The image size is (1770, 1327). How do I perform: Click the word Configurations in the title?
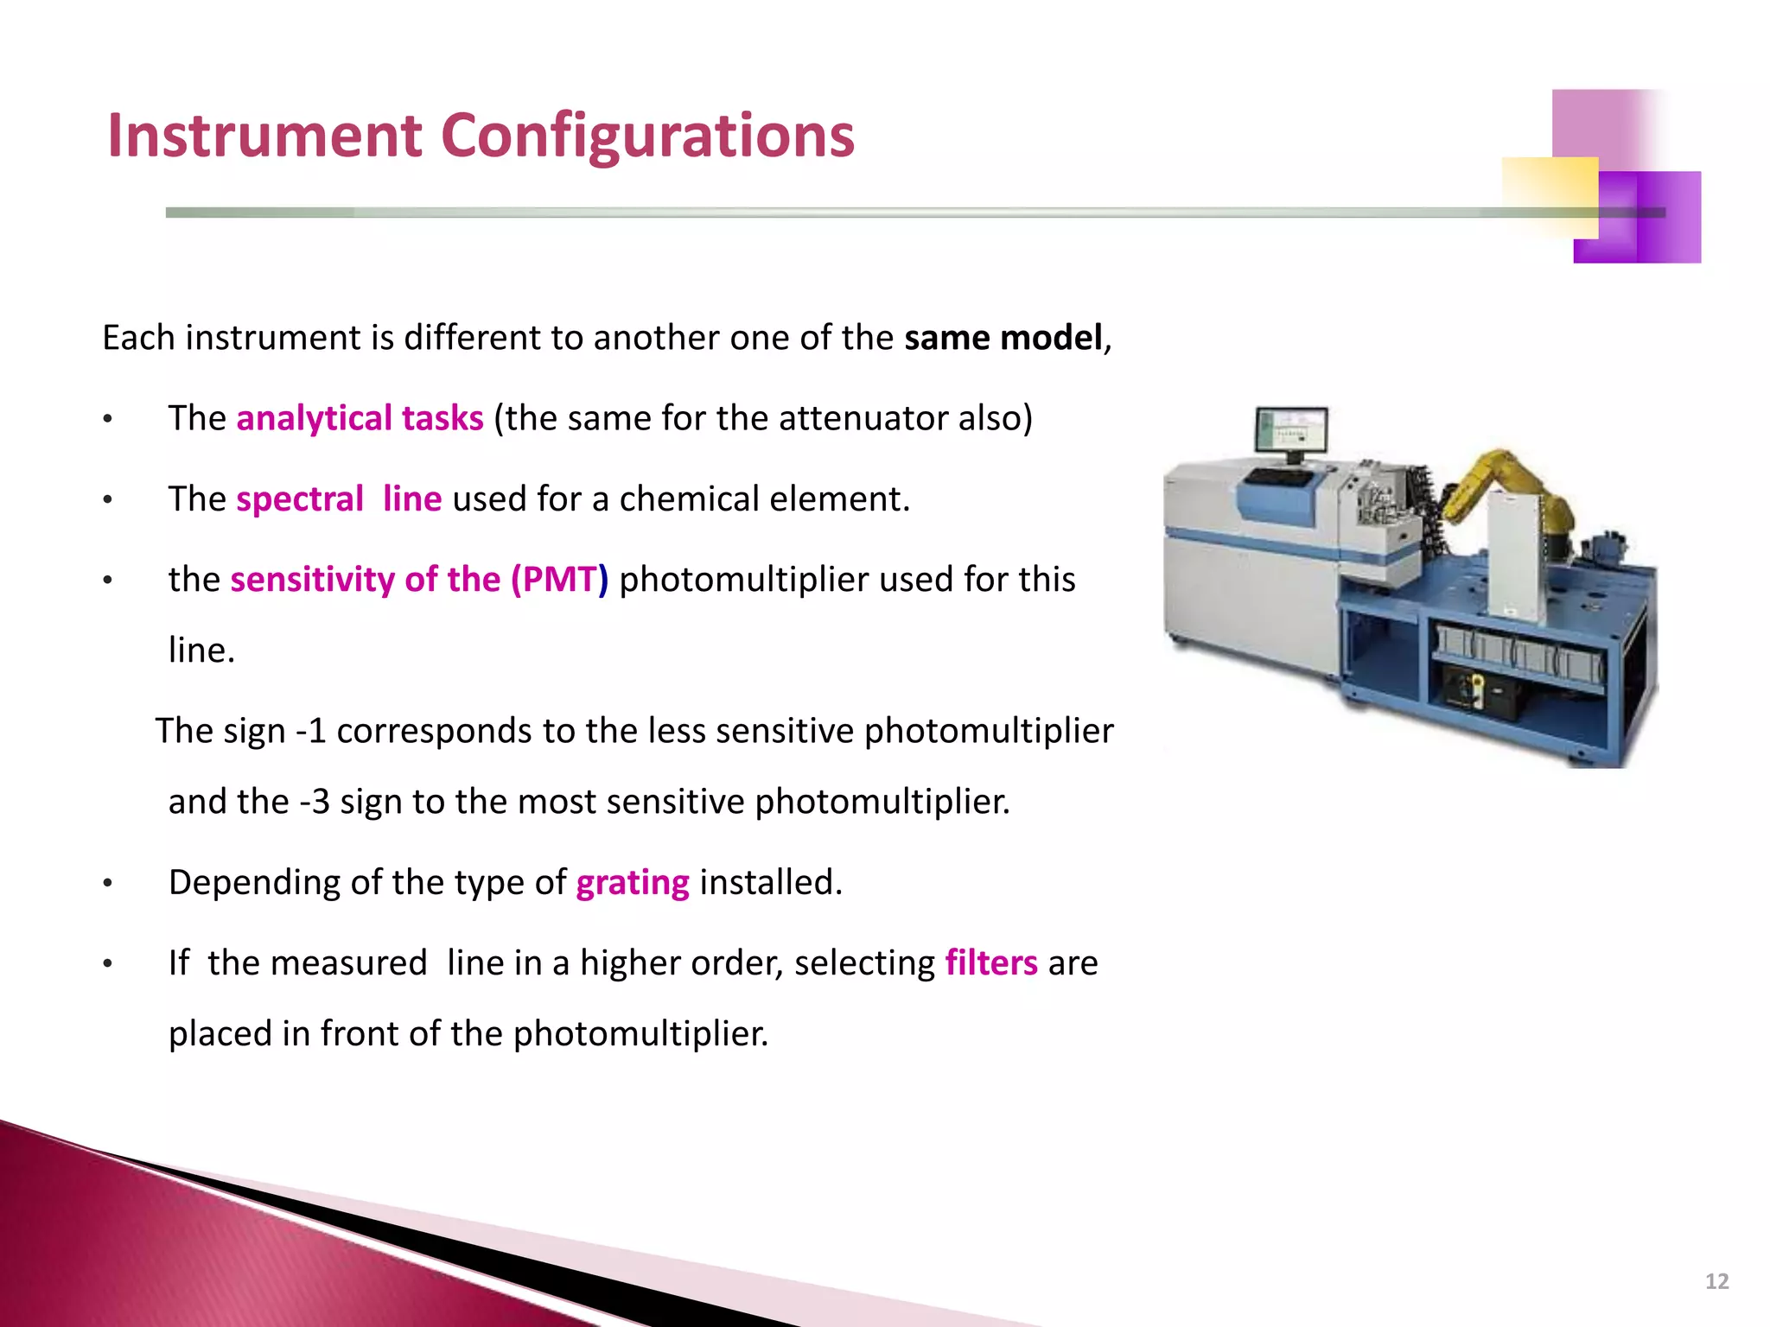[647, 137]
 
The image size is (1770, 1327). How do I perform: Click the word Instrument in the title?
[264, 137]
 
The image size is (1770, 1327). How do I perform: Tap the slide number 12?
[1716, 1281]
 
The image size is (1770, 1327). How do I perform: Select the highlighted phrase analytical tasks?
[360, 418]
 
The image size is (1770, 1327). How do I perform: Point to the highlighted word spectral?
[300, 499]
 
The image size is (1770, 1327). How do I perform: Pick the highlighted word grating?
[633, 883]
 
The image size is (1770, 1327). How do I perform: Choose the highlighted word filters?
[991, 963]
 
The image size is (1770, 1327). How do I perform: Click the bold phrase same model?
[1003, 338]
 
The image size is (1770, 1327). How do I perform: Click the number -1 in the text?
[311, 731]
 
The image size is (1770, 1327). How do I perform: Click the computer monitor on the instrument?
[1291, 432]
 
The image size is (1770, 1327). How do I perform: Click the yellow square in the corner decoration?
[1549, 197]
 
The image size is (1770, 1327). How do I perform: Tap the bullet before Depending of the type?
[107, 884]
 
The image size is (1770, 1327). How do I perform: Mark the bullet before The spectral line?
[107, 500]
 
